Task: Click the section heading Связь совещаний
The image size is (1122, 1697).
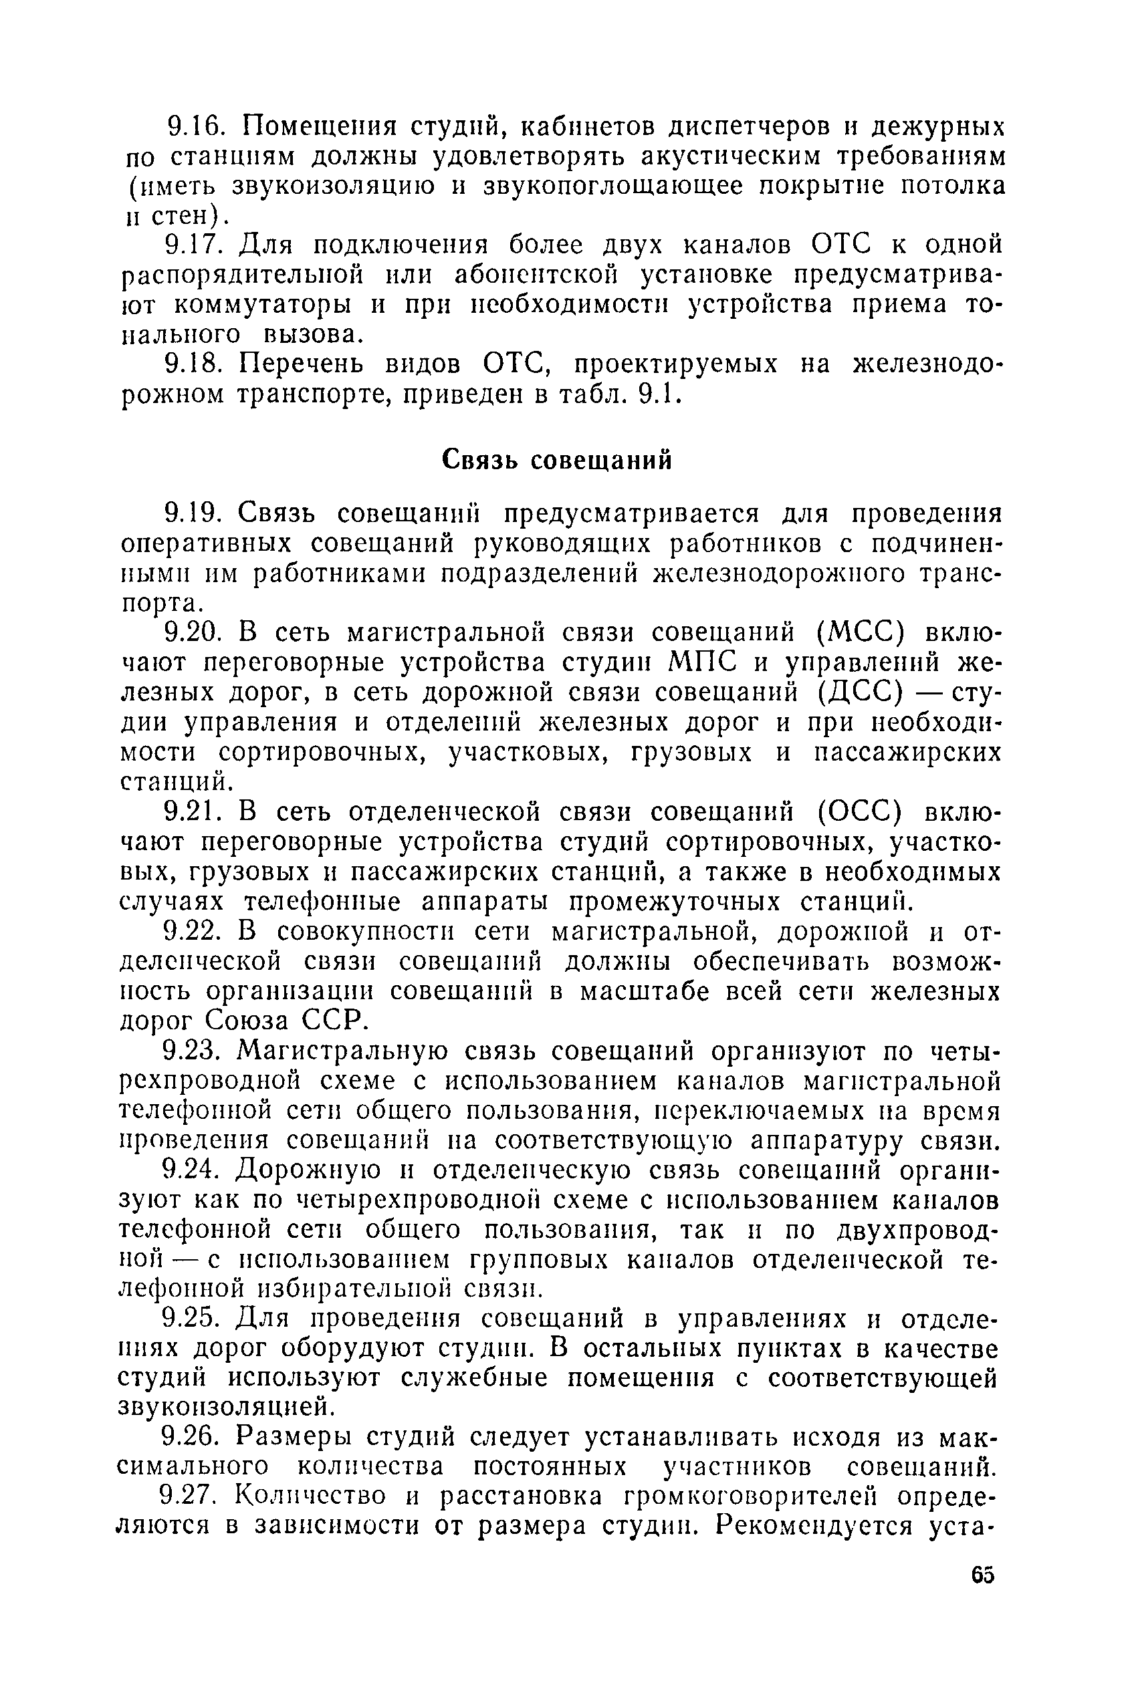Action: click(557, 460)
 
